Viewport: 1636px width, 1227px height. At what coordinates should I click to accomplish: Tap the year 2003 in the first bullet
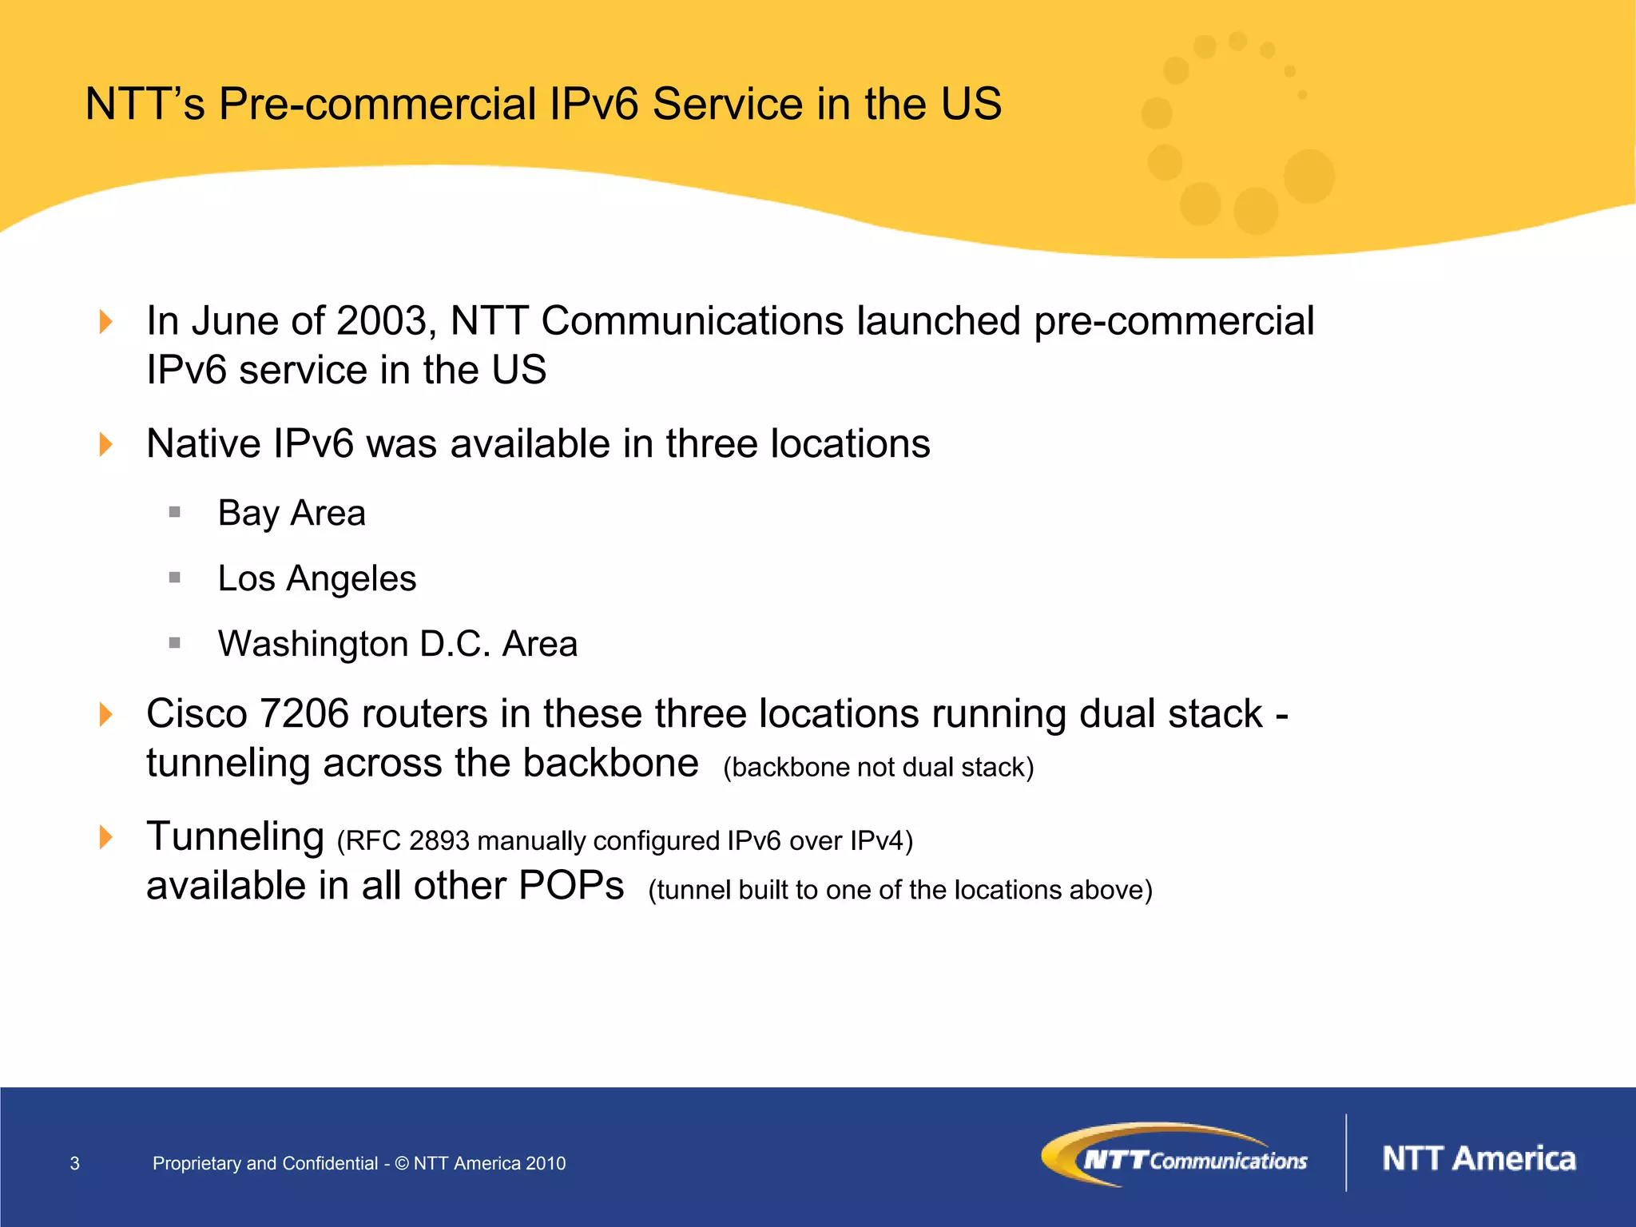(x=382, y=321)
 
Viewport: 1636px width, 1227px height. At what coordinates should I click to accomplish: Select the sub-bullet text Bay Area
(x=292, y=513)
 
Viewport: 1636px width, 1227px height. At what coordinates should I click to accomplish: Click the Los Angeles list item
(x=316, y=578)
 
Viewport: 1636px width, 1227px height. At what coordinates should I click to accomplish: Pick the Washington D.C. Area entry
(x=397, y=644)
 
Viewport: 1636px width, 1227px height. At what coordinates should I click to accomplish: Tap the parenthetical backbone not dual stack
(x=878, y=767)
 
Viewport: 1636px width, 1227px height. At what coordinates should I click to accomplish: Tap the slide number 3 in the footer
(x=75, y=1164)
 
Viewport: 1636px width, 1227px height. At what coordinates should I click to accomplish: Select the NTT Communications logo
(x=1174, y=1156)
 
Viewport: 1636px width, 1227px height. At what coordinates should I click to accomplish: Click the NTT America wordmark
(x=1479, y=1159)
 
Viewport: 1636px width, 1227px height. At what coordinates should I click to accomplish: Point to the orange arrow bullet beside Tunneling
(x=105, y=837)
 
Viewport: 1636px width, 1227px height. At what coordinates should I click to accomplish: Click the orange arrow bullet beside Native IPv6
(x=105, y=444)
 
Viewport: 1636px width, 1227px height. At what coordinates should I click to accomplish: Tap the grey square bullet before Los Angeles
(x=175, y=578)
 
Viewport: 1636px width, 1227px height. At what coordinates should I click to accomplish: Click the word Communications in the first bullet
(x=692, y=321)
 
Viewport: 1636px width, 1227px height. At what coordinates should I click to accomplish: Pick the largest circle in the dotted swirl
(x=1308, y=176)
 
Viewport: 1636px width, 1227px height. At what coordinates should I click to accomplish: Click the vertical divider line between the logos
(x=1346, y=1153)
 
